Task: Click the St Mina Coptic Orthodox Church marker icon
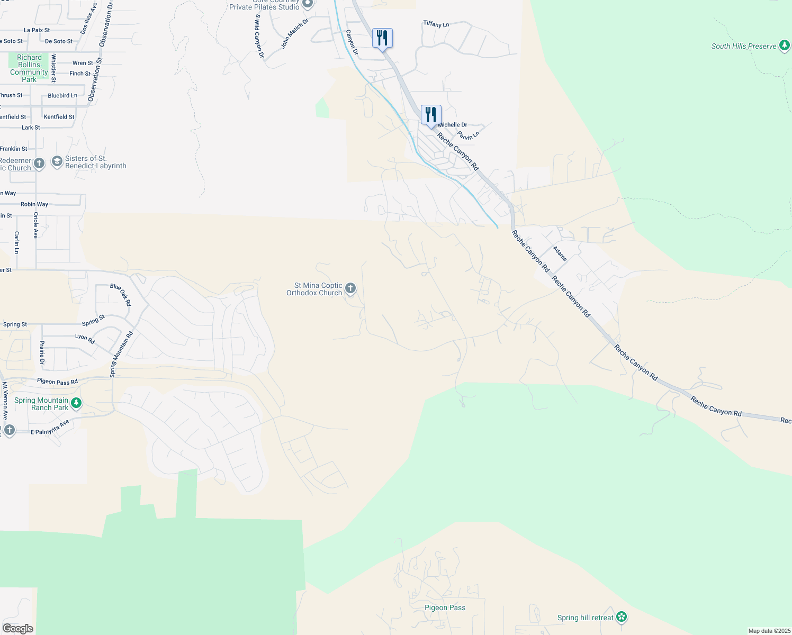(x=350, y=288)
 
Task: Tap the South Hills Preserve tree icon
(x=785, y=46)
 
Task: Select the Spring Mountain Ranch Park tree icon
(x=76, y=404)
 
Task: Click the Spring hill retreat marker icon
(x=622, y=617)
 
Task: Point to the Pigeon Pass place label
(x=445, y=607)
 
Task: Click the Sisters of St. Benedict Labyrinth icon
(x=57, y=162)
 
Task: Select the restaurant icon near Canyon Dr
(x=382, y=38)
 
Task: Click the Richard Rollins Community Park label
(x=29, y=68)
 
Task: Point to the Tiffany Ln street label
(x=436, y=24)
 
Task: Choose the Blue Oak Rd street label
(x=121, y=295)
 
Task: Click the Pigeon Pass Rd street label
(x=57, y=382)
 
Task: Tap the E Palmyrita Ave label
(x=50, y=428)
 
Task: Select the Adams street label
(x=560, y=253)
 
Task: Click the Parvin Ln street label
(x=469, y=135)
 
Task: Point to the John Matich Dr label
(x=294, y=34)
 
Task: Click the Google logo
(x=18, y=629)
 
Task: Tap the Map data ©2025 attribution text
(x=769, y=631)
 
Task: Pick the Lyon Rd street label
(x=85, y=339)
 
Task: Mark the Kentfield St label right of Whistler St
(x=59, y=117)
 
